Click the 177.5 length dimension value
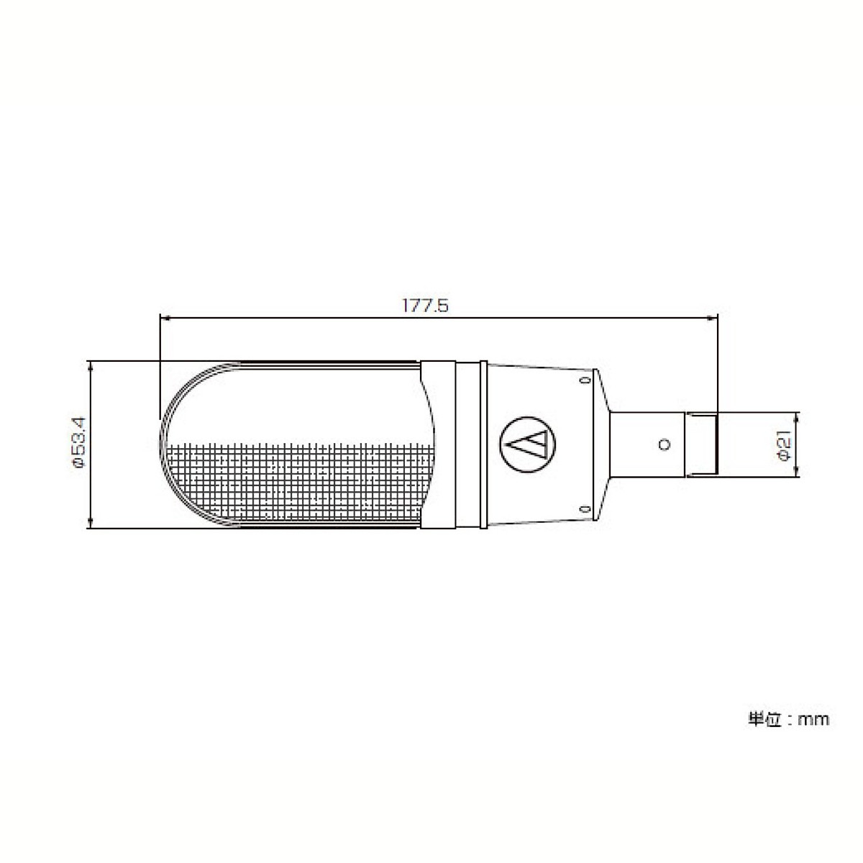coord(425,306)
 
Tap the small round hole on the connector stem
coord(663,444)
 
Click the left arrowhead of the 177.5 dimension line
coord(163,316)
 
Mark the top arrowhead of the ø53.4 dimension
coord(91,365)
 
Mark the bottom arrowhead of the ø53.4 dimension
coord(91,524)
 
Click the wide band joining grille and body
coord(439,444)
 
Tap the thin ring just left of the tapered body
coord(472,444)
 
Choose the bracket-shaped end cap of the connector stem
coord(702,444)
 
